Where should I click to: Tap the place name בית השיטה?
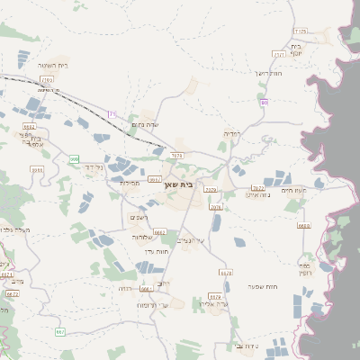(x=53, y=66)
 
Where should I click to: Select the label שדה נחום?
(x=145, y=124)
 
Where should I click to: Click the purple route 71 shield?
(x=112, y=114)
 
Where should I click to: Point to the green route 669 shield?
(x=75, y=159)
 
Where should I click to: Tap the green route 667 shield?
(x=59, y=331)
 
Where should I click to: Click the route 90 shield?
(x=264, y=103)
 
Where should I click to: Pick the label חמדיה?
(x=231, y=133)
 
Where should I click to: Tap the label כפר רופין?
(x=305, y=270)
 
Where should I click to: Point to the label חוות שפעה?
(x=261, y=286)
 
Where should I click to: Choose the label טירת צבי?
(x=245, y=345)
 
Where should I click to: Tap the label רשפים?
(x=139, y=217)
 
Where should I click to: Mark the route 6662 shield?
(x=159, y=232)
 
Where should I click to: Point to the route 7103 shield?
(x=45, y=80)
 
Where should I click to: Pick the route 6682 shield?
(x=29, y=127)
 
